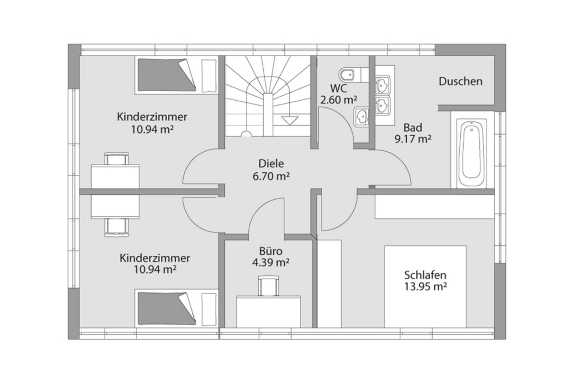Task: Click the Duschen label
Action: coord(460,81)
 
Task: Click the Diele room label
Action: coord(271,163)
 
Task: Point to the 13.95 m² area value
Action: coord(425,286)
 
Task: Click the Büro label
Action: coord(270,251)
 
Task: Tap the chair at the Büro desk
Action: coord(269,286)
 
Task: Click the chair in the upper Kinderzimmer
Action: coord(117,159)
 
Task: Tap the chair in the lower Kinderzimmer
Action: coord(117,227)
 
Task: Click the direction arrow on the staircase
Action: coord(290,121)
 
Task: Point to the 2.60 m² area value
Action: coord(339,100)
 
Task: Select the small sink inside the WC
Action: coord(361,117)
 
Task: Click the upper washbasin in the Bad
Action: coord(383,85)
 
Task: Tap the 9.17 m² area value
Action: coord(413,139)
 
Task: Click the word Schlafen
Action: coord(425,275)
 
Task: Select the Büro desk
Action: coord(268,311)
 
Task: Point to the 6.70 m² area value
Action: coord(271,176)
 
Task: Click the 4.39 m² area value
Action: coord(270,262)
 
